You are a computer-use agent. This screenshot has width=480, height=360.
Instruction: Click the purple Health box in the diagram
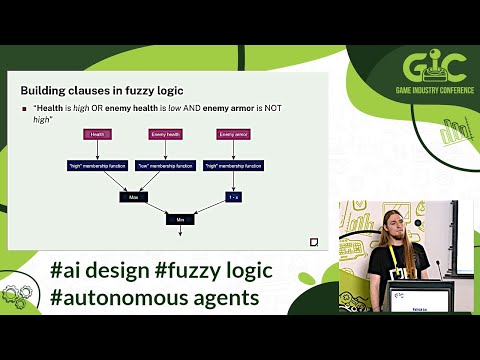tap(97, 134)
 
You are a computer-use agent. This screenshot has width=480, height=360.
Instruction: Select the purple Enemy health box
tap(165, 134)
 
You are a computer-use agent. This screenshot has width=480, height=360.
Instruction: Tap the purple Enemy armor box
tap(233, 134)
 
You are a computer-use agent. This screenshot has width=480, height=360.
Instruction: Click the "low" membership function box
tap(165, 166)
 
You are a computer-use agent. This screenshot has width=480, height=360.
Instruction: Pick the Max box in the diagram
tap(132, 197)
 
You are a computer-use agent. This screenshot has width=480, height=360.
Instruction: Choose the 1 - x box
tap(233, 197)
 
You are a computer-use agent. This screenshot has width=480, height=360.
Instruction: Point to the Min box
tap(180, 218)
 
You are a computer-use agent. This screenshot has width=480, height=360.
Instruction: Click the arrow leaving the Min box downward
tap(180, 231)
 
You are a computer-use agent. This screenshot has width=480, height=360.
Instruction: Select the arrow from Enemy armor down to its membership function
tap(233, 150)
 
